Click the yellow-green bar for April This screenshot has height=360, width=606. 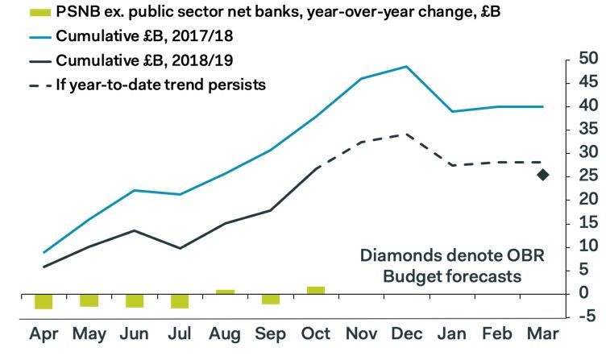coord(44,302)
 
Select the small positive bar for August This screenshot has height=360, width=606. coord(226,292)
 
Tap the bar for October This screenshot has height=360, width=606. coord(316,291)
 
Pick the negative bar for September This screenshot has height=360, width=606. coord(271,300)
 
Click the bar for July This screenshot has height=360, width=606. coord(180,301)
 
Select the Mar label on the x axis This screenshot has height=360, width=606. coord(542,333)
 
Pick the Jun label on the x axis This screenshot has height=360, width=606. coord(135,333)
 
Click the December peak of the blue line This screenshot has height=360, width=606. coord(406,67)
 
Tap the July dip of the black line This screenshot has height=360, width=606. coord(180,248)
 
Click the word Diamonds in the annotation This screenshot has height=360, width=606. coord(393,257)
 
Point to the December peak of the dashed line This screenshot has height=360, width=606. coord(406,134)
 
